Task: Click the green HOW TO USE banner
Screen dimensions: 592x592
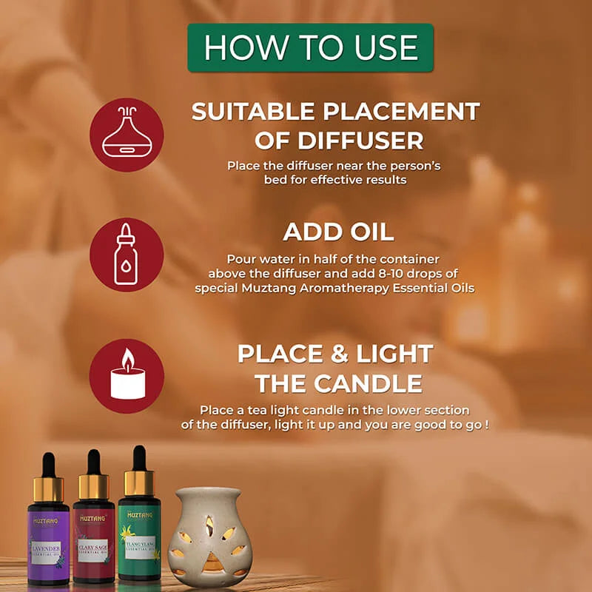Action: [310, 47]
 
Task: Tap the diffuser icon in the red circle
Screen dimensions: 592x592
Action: [127, 135]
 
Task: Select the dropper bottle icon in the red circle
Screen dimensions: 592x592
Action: [127, 254]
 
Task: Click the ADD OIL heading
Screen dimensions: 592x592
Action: [338, 232]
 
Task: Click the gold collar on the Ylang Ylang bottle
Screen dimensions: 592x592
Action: [139, 482]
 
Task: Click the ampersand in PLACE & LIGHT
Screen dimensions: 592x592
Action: [340, 354]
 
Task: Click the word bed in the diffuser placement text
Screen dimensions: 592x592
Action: [275, 180]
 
